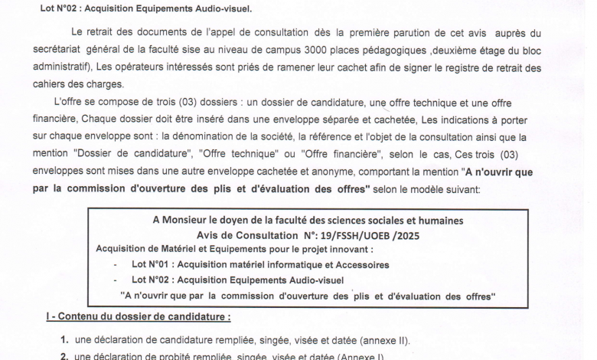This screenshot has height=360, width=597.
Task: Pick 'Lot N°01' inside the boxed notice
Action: tap(152, 264)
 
